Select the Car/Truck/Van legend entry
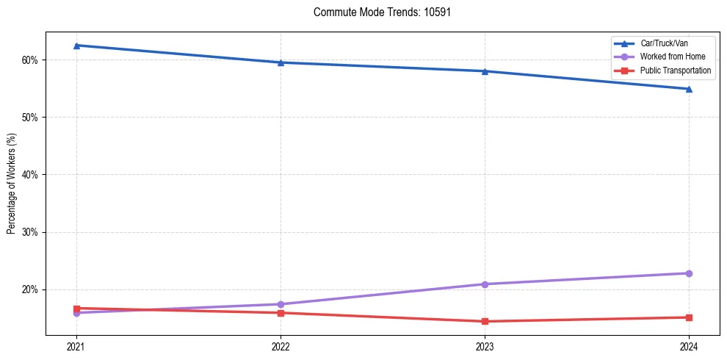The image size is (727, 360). tap(664, 43)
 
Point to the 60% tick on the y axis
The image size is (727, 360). tap(32, 60)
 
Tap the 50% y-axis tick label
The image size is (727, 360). tap(32, 118)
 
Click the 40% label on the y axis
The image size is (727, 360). tap(32, 175)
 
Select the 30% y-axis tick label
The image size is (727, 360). tap(32, 232)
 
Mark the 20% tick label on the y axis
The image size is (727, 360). tap(32, 289)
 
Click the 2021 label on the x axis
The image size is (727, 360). tap(76, 346)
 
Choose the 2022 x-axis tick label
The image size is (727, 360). tap(281, 346)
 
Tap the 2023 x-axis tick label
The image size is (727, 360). tap(485, 346)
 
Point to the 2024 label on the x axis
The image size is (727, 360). tap(689, 346)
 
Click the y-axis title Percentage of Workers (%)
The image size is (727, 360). tap(12, 184)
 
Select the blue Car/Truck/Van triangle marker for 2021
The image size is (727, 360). tap(76, 46)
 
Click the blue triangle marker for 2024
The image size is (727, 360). tap(689, 89)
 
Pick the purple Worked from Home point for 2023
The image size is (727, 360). tap(485, 284)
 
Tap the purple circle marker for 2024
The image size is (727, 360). tap(689, 273)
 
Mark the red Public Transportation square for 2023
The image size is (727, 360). tap(485, 321)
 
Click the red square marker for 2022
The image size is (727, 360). tap(281, 313)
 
